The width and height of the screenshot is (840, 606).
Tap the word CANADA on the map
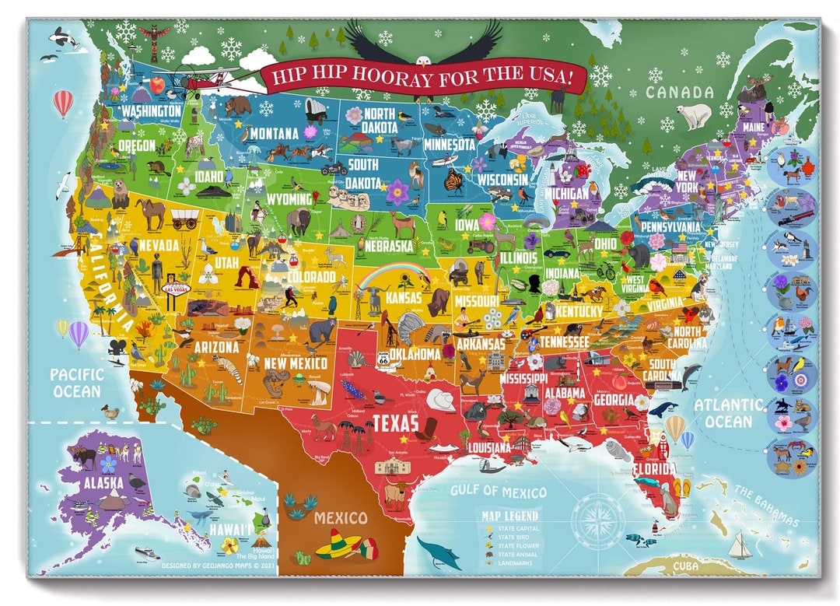pos(678,93)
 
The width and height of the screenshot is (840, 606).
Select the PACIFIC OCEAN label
pos(76,382)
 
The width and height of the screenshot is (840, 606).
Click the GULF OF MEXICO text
pos(498,491)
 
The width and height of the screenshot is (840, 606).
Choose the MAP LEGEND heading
pos(510,516)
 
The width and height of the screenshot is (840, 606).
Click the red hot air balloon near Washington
pos(63,103)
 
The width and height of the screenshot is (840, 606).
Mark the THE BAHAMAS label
pos(767,506)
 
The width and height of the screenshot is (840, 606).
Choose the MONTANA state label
pos(273,133)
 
